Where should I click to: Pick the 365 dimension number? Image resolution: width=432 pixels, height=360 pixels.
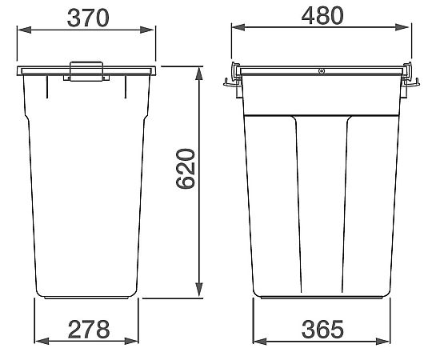pyautogui.click(x=322, y=329)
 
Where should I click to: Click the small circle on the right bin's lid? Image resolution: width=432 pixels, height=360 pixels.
pyautogui.click(x=321, y=71)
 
